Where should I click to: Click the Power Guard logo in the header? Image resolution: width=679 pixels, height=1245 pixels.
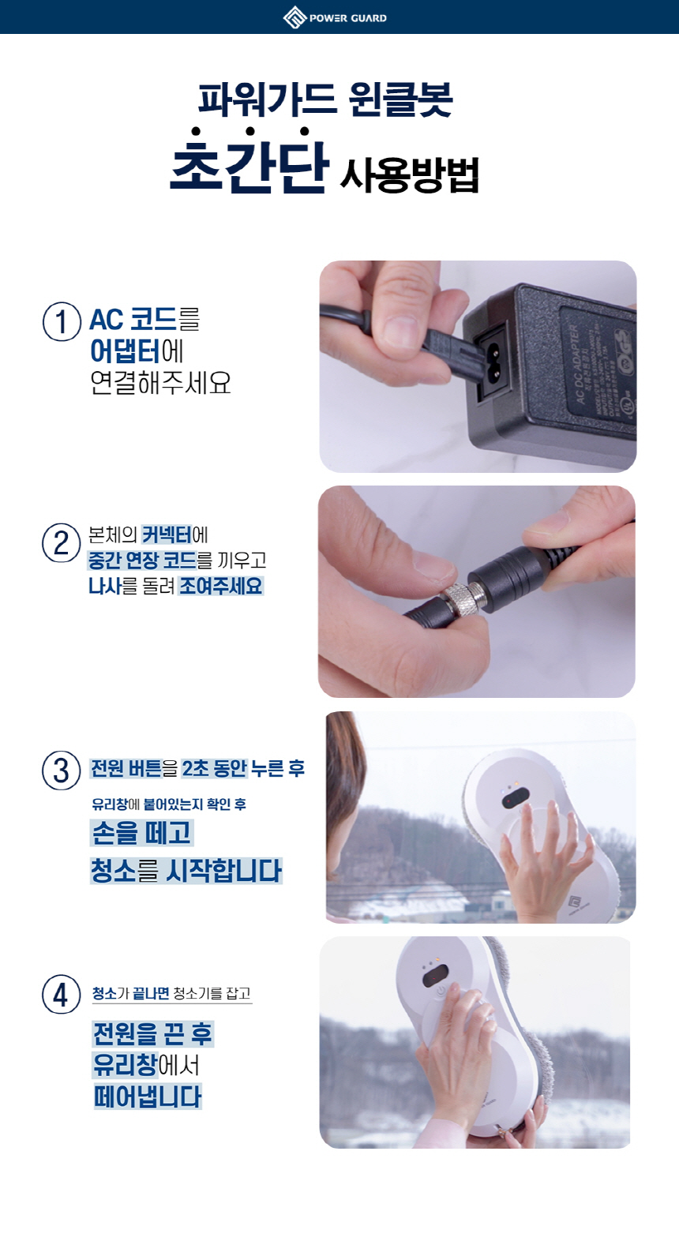pyautogui.click(x=335, y=17)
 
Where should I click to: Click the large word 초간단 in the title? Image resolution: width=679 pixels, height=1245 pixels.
pyautogui.click(x=249, y=163)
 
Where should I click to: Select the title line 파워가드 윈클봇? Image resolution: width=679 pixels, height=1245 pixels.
pyautogui.click(x=325, y=99)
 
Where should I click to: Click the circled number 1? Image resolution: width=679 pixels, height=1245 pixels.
pyautogui.click(x=62, y=321)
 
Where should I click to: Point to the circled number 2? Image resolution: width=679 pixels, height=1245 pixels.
pyautogui.click(x=61, y=542)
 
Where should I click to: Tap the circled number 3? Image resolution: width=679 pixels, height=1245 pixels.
pyautogui.click(x=61, y=771)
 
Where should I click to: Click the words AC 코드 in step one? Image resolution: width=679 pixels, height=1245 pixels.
pyautogui.click(x=133, y=320)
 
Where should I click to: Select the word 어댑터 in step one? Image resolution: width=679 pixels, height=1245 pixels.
pyautogui.click(x=126, y=351)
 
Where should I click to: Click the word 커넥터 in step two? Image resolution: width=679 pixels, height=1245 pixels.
pyautogui.click(x=167, y=534)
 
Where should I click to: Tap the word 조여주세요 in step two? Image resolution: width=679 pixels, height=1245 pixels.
pyautogui.click(x=220, y=586)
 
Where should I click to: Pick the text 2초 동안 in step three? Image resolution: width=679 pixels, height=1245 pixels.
pyautogui.click(x=215, y=768)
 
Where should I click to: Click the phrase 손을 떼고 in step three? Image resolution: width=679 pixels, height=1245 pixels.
pyautogui.click(x=141, y=832)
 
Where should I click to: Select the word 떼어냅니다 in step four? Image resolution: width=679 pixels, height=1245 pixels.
pyautogui.click(x=147, y=1096)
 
